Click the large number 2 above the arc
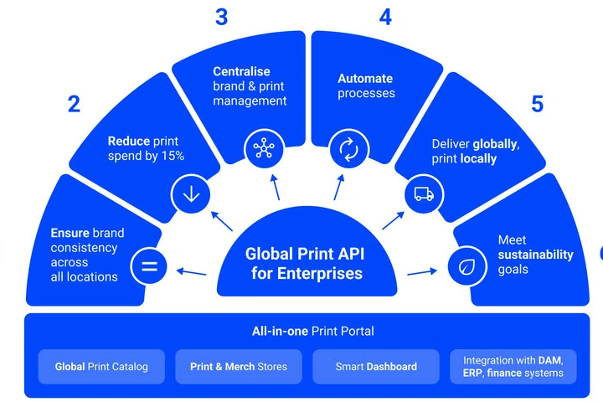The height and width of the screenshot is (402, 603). point(75,104)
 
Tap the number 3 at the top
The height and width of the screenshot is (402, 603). point(221,17)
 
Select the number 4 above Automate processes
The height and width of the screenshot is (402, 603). point(384,17)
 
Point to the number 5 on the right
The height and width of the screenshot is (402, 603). point(537,104)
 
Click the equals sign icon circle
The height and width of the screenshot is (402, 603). point(149,268)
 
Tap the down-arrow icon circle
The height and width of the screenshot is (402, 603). point(190,194)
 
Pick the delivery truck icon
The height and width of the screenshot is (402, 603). point(422,194)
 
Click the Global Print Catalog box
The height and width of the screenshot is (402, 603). point(101,367)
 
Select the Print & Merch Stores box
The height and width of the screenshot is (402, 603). point(239,367)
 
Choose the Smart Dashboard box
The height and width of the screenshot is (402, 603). point(376,367)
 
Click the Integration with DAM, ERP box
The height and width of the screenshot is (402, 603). point(513,367)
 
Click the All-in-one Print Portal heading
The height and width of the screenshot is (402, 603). point(313,331)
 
